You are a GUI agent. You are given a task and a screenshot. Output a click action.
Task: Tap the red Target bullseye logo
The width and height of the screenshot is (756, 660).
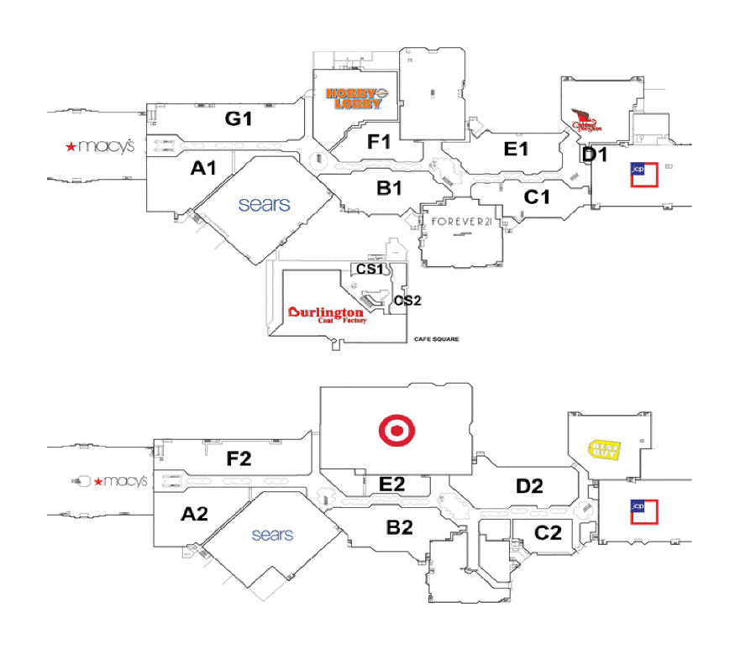coord(397,431)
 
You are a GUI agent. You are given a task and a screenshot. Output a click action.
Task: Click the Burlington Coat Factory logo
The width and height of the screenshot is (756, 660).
coord(327,315)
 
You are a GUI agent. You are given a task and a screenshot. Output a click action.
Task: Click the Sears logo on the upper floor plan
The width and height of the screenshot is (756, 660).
coord(264,204)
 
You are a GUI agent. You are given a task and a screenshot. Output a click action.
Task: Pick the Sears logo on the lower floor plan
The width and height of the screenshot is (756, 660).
coord(272,534)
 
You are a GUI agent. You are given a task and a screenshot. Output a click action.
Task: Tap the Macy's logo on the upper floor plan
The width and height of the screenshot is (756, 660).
coord(100,146)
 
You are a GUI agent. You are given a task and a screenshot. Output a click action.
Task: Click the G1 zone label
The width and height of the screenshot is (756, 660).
coord(238,119)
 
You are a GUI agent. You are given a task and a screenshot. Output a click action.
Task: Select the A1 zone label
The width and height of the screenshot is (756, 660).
coord(203,168)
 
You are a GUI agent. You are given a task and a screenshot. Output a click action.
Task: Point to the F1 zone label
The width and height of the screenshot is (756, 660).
coord(380,141)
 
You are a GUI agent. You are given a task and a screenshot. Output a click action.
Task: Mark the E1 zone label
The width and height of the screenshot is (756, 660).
coord(515,149)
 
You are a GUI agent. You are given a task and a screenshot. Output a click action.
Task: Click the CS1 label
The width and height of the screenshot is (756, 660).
coord(368,270)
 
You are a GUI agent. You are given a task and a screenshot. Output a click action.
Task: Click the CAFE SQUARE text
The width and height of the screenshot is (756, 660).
coord(436,340)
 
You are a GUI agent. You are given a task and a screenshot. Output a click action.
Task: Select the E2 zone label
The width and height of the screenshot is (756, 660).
coord(392,483)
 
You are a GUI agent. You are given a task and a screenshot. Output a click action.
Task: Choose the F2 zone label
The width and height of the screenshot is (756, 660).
coord(239,458)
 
